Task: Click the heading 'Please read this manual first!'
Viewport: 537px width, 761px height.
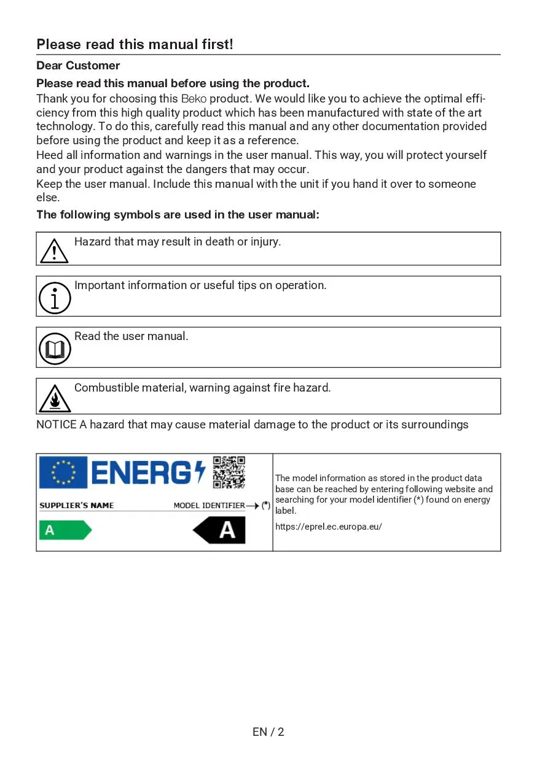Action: [x=135, y=44]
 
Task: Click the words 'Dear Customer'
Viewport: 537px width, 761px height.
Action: [x=78, y=66]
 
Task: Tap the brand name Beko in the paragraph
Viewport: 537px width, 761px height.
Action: [x=194, y=99]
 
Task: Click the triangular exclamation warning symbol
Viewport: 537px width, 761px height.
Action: [x=54, y=251]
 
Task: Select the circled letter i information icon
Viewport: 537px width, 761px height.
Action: [x=55, y=298]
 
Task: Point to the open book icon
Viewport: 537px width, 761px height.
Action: [x=55, y=349]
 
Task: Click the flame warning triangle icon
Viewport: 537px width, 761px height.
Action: [x=55, y=399]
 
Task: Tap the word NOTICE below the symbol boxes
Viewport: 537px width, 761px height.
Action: [x=57, y=425]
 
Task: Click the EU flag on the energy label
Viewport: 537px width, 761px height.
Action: [x=63, y=473]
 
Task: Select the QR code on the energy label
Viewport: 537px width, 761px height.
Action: [x=229, y=472]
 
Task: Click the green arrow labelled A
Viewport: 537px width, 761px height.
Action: [x=65, y=530]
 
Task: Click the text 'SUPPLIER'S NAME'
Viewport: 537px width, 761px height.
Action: [x=77, y=506]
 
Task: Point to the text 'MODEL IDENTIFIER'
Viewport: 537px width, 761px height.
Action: [x=209, y=506]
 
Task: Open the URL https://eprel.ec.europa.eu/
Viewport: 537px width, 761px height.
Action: [x=328, y=527]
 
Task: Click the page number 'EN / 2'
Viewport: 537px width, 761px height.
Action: [x=268, y=732]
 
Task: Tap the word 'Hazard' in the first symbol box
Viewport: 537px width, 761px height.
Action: [x=92, y=242]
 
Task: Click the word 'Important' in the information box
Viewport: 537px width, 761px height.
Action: [x=99, y=285]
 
